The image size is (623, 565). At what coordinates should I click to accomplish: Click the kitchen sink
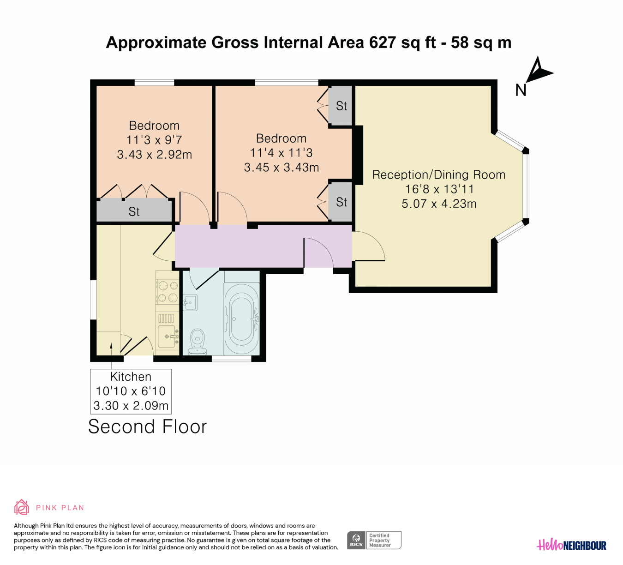point(168,336)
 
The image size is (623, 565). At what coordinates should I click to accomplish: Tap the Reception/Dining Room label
point(439,174)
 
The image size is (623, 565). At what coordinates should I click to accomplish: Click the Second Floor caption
point(148,427)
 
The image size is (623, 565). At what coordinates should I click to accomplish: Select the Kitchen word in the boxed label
point(131,377)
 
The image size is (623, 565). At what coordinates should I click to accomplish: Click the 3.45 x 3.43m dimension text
point(282,168)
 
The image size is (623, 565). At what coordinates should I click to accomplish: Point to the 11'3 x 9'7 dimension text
point(154,140)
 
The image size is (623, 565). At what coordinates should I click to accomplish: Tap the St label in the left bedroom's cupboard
point(134,211)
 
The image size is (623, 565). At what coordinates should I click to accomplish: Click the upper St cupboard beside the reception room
point(341,106)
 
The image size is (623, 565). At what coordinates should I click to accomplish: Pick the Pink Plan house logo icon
point(21,507)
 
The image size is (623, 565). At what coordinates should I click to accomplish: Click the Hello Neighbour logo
point(571,545)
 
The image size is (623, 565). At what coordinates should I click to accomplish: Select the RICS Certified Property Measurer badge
point(374,540)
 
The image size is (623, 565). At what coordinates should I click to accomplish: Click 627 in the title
point(383,42)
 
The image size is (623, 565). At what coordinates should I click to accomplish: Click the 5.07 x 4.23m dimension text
point(439,204)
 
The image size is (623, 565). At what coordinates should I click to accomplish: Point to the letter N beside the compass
point(521,90)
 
